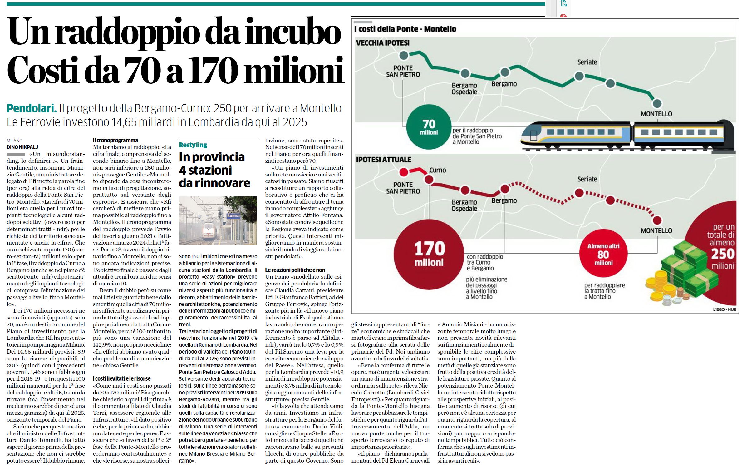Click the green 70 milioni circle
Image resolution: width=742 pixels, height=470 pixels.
429,127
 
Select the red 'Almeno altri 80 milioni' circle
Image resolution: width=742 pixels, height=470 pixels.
603,253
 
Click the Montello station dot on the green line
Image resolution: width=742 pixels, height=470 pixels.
657,103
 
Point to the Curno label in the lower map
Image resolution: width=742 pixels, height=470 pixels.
437,170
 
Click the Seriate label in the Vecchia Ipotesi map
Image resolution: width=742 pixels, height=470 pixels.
587,62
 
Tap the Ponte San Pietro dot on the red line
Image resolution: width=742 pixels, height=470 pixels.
404,172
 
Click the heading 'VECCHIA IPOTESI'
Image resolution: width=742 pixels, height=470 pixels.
383,43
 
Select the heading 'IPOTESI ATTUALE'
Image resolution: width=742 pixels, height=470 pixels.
384,160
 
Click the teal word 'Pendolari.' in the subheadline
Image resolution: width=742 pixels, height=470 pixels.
32,108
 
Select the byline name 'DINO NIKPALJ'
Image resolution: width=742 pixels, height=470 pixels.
22,147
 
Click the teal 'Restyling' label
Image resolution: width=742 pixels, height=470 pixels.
193,145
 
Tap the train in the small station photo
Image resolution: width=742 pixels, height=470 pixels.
209,231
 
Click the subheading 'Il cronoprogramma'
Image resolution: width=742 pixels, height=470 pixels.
115,141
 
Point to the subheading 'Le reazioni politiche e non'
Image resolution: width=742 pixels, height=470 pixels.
295,270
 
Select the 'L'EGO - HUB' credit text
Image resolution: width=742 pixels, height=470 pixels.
725,309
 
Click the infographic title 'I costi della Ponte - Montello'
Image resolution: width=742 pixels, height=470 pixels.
405,29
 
